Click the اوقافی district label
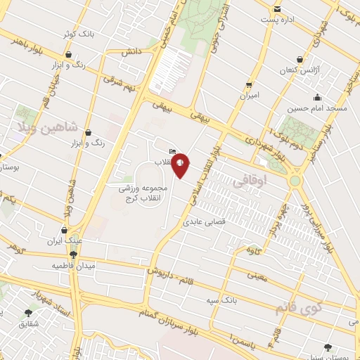[x=249, y=181]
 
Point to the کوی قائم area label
[x=292, y=307]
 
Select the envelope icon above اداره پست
[x=278, y=9]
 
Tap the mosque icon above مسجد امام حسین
[x=318, y=98]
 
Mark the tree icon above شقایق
[x=28, y=313]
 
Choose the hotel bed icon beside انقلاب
[x=173, y=151]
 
